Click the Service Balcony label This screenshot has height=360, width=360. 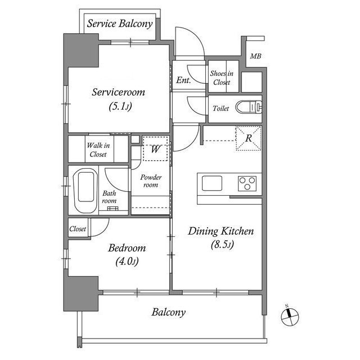point(120,24)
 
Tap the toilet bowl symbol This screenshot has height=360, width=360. point(249,107)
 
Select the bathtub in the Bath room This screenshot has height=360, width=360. point(85,191)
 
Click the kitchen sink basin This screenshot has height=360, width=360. point(212,183)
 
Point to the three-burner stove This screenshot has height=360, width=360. point(247,183)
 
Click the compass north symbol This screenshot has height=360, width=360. point(290,317)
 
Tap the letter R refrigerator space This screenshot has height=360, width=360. point(249,138)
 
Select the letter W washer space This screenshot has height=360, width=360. point(155,148)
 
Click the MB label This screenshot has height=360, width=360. point(255,56)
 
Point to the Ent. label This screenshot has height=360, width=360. point(183,80)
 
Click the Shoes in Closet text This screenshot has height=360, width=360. point(222,78)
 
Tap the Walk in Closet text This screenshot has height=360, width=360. point(98,150)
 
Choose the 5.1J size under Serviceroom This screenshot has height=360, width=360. point(120,106)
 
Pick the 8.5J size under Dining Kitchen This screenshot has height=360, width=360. point(222,245)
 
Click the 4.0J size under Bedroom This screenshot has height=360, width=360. point(127,262)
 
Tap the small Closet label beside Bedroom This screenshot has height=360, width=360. point(78,229)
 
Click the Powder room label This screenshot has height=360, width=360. point(151,181)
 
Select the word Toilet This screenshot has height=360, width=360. point(220,108)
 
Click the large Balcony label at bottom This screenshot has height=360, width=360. point(169,313)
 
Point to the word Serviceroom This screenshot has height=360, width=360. point(119,92)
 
